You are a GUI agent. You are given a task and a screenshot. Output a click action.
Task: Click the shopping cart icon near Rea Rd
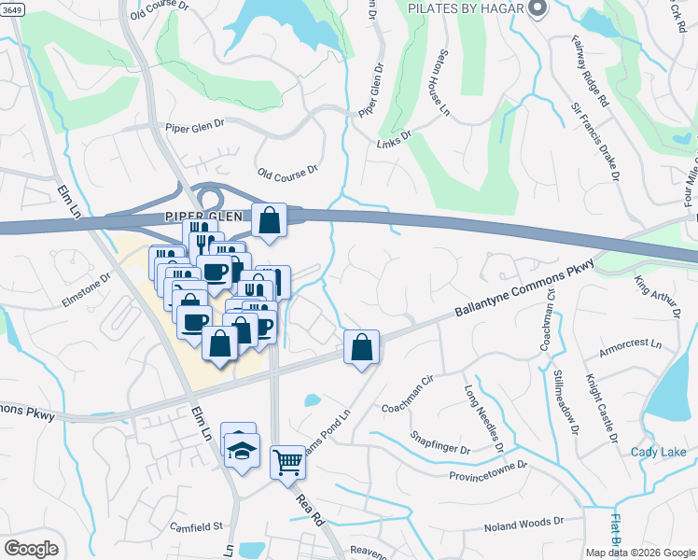pos(287,462)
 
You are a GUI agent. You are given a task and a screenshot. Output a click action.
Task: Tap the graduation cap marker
pos(242,451)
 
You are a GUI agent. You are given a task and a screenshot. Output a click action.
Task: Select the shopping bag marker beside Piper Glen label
pos(269,221)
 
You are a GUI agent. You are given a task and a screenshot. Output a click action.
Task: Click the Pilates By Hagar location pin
pos(537,9)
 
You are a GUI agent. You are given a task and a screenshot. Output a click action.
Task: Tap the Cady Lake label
pos(658,453)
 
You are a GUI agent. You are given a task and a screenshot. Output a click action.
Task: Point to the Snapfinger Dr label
pos(440,443)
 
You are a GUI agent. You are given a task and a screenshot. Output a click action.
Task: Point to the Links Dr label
pos(394,139)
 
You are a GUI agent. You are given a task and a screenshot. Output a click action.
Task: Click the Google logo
pos(32,549)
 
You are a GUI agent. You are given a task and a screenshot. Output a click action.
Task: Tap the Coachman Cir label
pos(409,407)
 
